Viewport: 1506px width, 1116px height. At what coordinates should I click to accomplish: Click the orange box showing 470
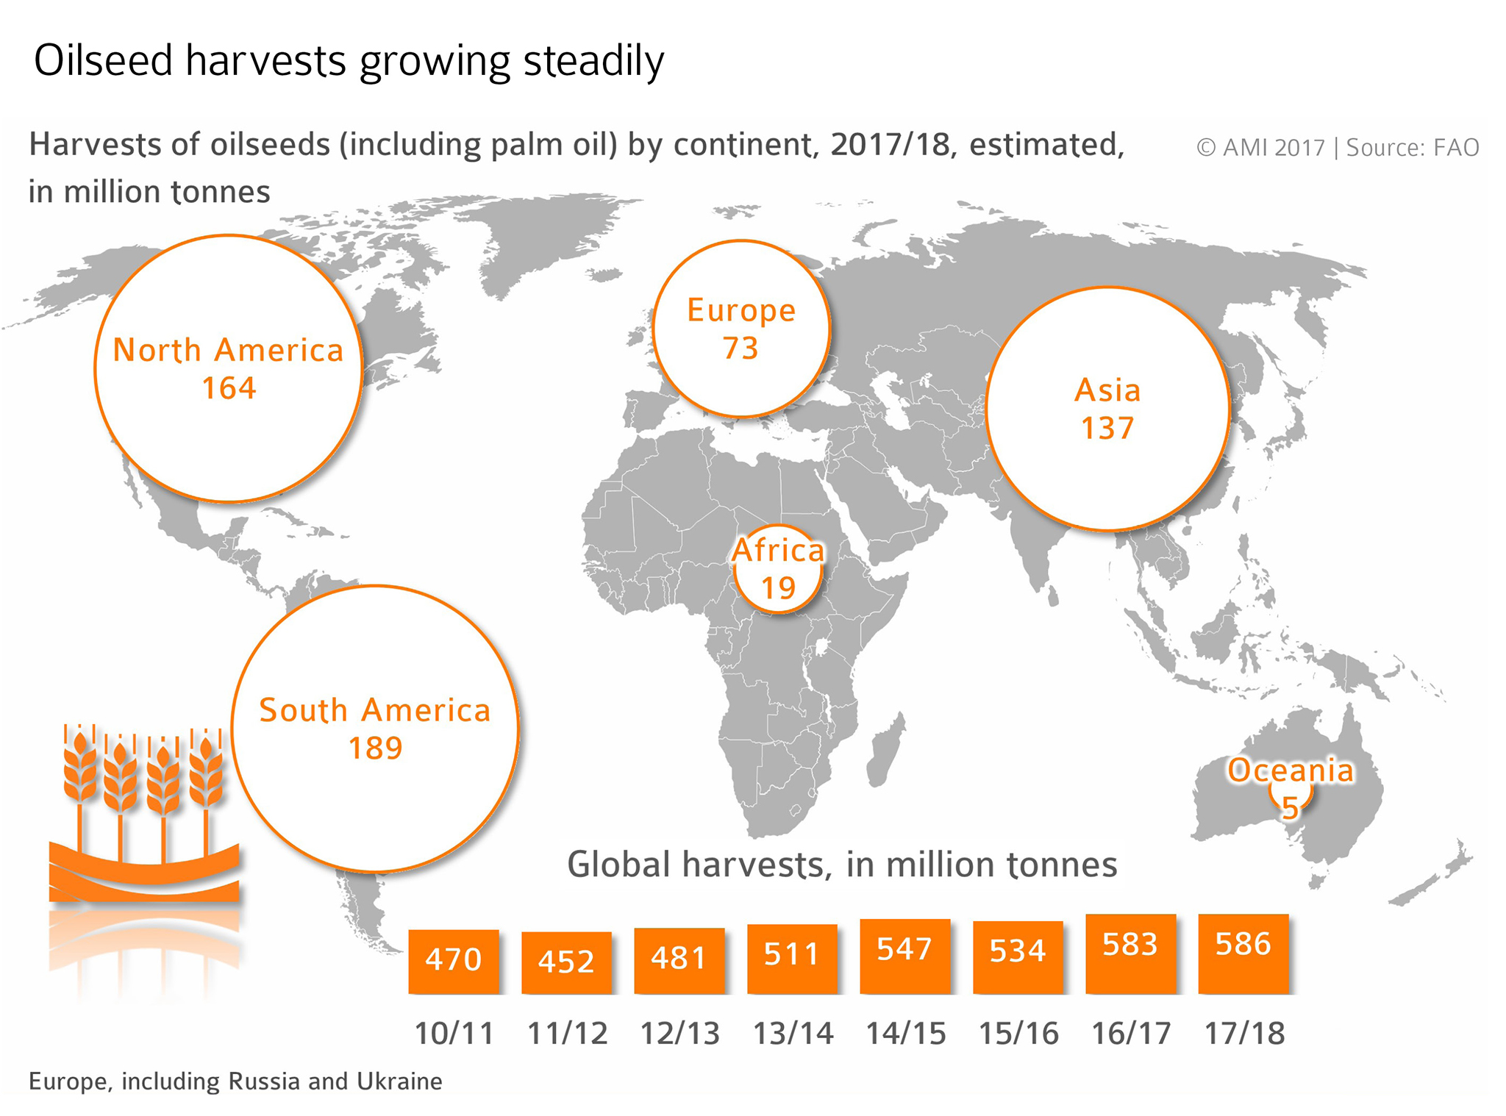tap(453, 960)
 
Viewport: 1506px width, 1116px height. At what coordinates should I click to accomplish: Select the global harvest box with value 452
tap(565, 962)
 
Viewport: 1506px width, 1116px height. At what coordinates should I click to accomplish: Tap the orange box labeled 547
tap(904, 954)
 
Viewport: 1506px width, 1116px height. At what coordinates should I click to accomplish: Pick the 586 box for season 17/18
tap(1243, 951)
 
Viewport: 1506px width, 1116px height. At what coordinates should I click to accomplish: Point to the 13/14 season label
tap(793, 1034)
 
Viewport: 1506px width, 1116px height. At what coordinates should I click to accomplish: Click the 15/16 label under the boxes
tap(1018, 1034)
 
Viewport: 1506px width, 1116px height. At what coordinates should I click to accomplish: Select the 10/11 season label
tap(454, 1034)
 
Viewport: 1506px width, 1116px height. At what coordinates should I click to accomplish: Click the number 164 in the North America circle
tap(229, 388)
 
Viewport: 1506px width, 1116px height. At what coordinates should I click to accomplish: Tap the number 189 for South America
tap(375, 748)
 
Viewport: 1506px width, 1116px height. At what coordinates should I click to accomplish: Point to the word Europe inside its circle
tap(741, 311)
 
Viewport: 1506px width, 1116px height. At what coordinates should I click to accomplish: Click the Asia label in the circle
tap(1107, 390)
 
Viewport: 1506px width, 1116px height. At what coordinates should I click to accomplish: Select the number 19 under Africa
tap(778, 588)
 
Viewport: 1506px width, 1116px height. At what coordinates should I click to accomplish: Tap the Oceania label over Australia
tap(1291, 770)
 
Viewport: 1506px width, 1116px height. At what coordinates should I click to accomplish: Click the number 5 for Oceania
tap(1290, 808)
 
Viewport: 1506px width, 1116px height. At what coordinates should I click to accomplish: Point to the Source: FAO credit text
tap(1412, 148)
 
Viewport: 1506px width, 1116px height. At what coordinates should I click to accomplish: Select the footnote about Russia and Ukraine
tap(235, 1081)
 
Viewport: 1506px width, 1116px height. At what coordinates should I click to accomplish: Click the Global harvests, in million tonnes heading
tap(841, 865)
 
